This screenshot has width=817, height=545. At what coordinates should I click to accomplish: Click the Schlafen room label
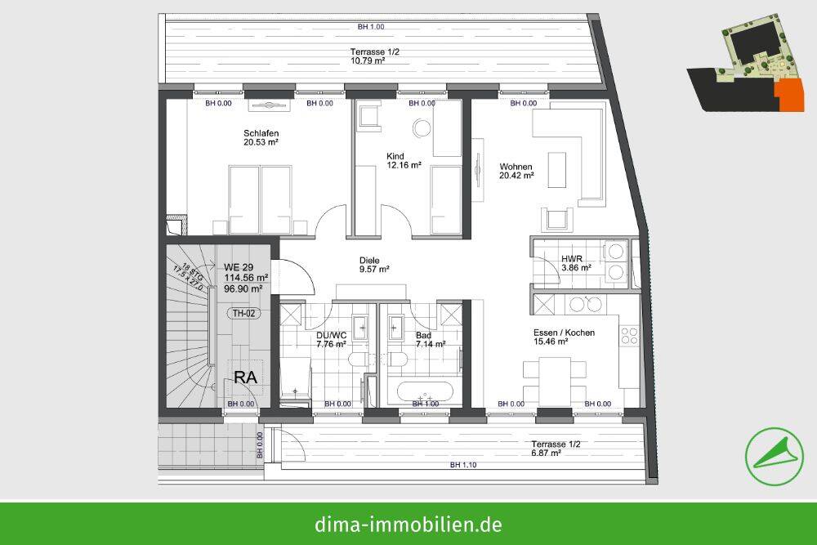pos(261,137)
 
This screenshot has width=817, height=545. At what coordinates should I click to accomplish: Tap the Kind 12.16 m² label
pos(404,160)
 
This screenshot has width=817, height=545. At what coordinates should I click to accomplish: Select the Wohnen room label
pos(516,171)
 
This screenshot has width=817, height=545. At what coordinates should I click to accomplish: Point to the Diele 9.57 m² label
pos(373,265)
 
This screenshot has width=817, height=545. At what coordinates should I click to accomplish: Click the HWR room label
pos(571,264)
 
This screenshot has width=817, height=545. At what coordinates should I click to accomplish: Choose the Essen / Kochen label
pos(564,337)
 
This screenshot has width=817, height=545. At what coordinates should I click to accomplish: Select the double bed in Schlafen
pos(260,199)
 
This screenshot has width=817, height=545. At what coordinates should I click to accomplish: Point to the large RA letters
pos(247,377)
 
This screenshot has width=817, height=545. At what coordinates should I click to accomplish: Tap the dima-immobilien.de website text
pos(408,524)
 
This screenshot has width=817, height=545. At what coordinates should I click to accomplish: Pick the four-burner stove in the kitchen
pos(629,336)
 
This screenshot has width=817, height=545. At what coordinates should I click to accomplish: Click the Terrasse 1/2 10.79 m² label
pos(376,56)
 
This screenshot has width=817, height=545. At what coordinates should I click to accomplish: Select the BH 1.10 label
pos(462,465)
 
